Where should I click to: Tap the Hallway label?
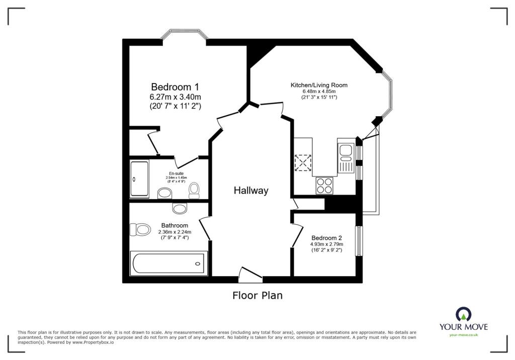[x=251, y=191]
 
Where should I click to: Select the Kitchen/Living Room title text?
[x=319, y=85]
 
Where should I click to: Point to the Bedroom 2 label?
[x=326, y=238]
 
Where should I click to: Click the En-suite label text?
[x=176, y=173]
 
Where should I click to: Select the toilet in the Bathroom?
[x=141, y=230]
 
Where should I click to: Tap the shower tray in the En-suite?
[x=139, y=178]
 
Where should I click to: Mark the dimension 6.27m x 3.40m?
[x=175, y=97]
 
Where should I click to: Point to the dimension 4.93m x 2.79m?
[x=326, y=244]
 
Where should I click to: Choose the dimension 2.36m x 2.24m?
[x=175, y=232]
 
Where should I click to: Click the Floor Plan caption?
[x=257, y=296]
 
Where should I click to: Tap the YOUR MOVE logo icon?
[x=463, y=314]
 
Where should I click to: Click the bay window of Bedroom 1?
[x=184, y=36]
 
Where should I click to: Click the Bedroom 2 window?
[x=359, y=241]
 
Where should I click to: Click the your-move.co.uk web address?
[x=463, y=335]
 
